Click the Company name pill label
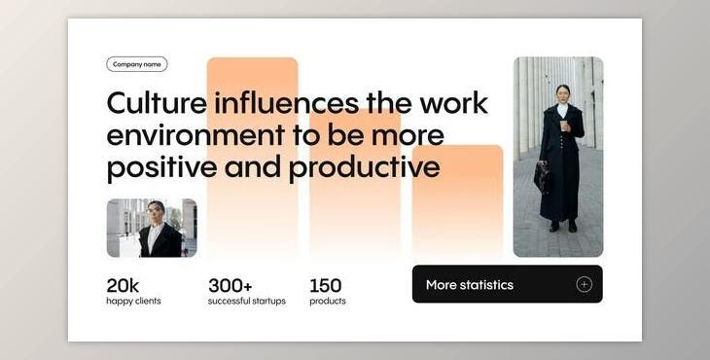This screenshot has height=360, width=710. [136, 64]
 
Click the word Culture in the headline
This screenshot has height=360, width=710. [156, 103]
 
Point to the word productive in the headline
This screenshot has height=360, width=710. [364, 167]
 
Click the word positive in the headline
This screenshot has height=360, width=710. [161, 167]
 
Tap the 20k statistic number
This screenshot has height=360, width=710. [123, 285]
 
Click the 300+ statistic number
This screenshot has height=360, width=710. [230, 285]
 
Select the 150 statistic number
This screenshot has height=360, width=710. [326, 285]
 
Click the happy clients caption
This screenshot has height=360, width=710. [133, 302]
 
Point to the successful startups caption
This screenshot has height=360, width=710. [247, 302]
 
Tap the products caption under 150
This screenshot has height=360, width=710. [328, 302]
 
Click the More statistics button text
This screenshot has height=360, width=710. [469, 285]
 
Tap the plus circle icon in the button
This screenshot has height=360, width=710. [584, 284]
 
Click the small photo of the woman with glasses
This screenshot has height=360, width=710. [151, 228]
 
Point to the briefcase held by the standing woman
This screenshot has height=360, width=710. [541, 176]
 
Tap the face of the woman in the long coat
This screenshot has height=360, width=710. [561, 93]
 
